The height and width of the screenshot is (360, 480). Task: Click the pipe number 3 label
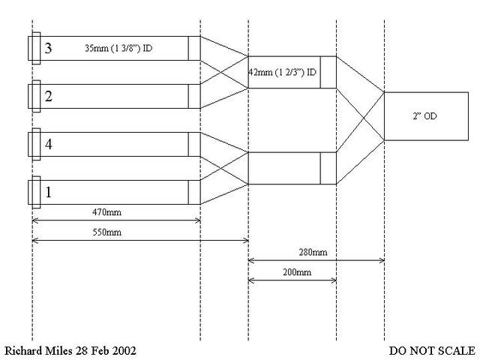pos(48,49)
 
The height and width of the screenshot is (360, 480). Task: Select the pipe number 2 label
pos(48,96)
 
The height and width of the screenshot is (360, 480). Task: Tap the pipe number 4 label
pos(48,145)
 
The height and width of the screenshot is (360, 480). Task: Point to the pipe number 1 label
pos(48,192)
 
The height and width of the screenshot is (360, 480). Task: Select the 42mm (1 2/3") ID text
pos(281,72)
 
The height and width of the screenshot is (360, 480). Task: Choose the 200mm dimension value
pos(293,272)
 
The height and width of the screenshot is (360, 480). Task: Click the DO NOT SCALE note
pos(431,351)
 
